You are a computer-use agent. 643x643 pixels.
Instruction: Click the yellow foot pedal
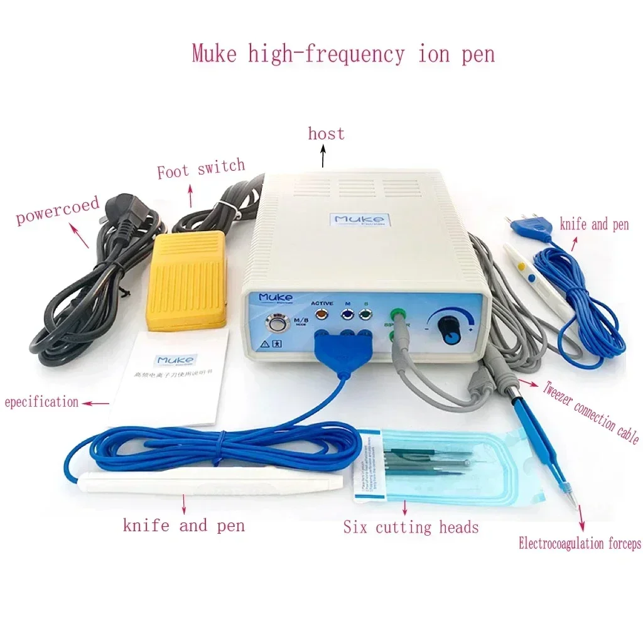pos(186,279)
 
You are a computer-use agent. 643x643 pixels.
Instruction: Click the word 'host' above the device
pos(326,134)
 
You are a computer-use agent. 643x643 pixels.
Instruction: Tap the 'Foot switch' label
pos(200,168)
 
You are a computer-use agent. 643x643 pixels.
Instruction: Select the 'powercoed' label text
pos(58,211)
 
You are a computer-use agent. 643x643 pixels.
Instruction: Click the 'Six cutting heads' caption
pos(411,527)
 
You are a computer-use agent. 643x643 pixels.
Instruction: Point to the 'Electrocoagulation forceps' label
pos(580,544)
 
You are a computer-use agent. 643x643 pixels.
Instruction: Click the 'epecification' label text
pos(41,402)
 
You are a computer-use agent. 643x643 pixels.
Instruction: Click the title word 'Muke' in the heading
pos(214,54)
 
